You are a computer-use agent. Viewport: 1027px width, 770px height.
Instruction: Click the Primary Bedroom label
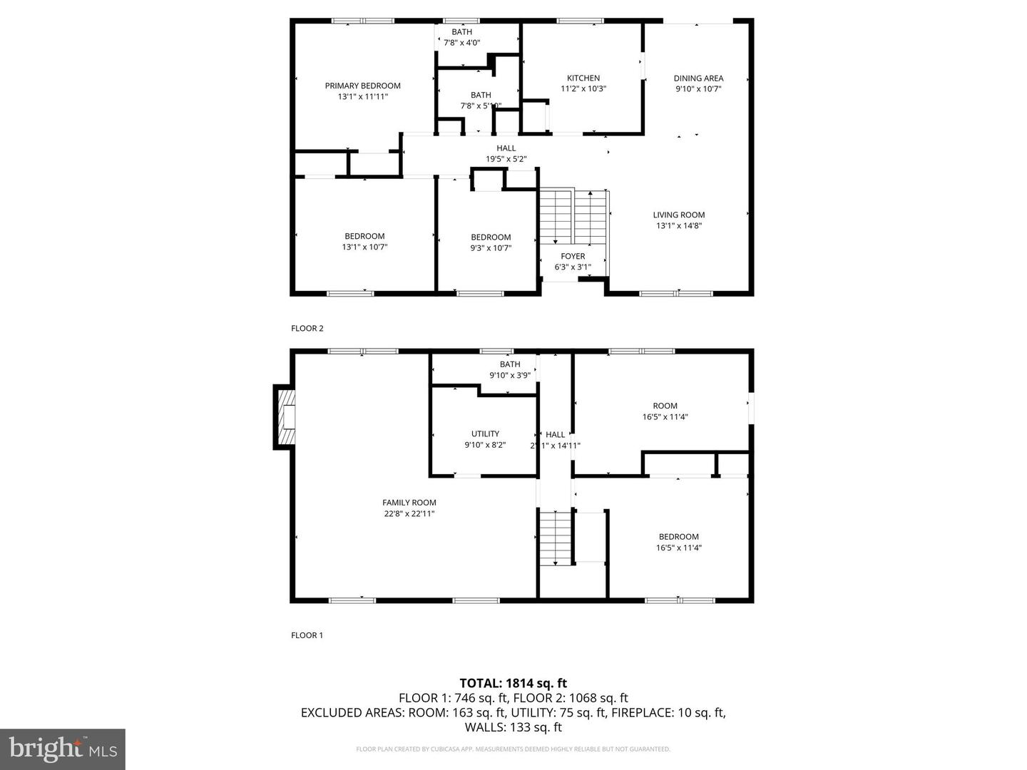pos(362,86)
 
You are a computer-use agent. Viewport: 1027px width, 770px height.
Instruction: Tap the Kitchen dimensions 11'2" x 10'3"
pos(583,89)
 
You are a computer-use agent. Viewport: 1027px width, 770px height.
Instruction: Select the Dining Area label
pos(698,78)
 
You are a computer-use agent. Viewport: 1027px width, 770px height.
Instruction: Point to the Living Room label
pos(678,215)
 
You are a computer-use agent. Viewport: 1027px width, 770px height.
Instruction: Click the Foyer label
pos(573,256)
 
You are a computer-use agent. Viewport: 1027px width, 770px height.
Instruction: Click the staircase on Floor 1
pos(555,538)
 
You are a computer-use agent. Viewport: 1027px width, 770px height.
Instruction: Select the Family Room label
pos(409,503)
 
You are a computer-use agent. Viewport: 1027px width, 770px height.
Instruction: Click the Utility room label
pos(485,433)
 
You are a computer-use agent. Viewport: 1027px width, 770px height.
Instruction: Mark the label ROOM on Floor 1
pos(665,406)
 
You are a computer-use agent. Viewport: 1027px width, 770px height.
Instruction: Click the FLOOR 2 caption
pos(307,329)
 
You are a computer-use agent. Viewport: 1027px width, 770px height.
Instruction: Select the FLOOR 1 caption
pos(307,635)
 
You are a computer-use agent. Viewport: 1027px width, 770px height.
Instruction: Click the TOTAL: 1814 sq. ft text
pos(513,683)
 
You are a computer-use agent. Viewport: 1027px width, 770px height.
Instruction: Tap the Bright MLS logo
pos(62,749)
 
